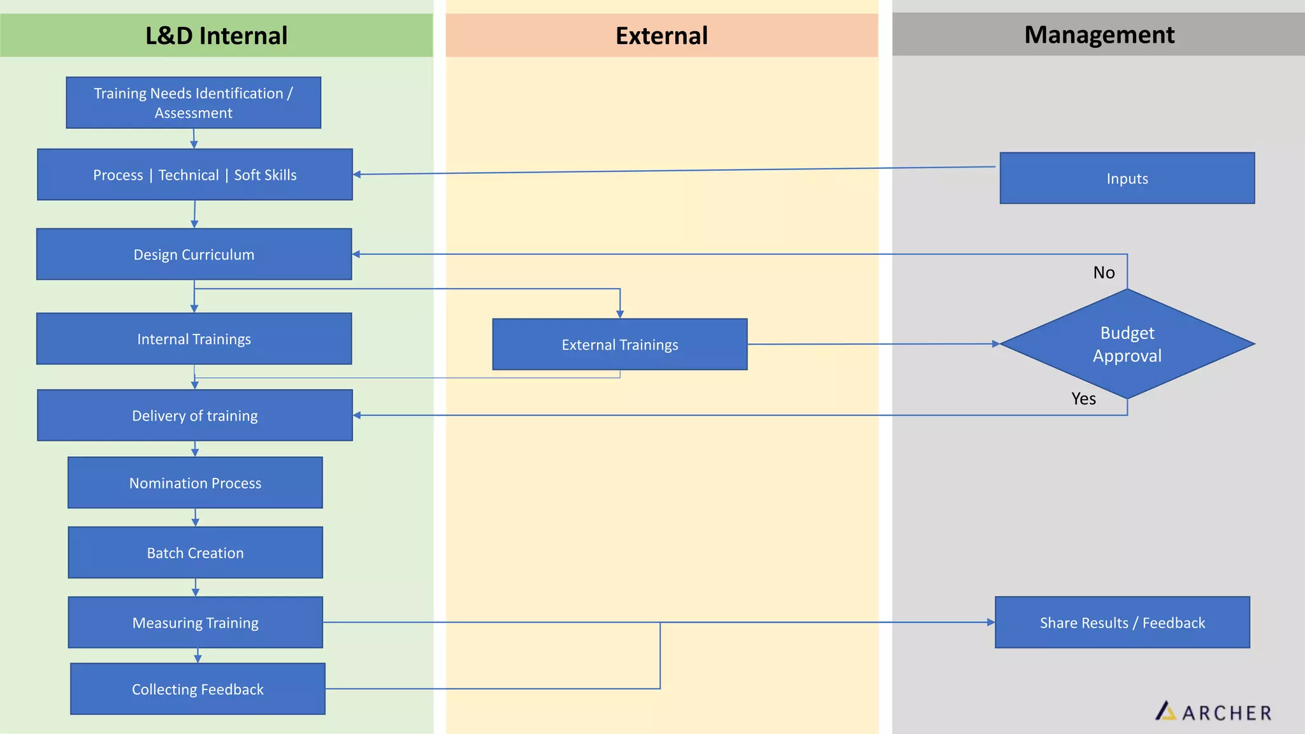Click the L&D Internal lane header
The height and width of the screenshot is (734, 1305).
pyautogui.click(x=216, y=36)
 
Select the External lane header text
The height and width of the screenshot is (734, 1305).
pyautogui.click(x=661, y=36)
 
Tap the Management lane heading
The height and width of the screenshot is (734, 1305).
pyautogui.click(x=1099, y=34)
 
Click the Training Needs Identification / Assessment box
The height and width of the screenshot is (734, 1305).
pyautogui.click(x=193, y=103)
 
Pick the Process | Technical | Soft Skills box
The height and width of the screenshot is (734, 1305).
pyautogui.click(x=194, y=175)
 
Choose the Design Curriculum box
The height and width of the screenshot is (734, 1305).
pyautogui.click(x=194, y=254)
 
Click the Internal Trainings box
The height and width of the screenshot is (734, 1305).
pyautogui.click(x=194, y=339)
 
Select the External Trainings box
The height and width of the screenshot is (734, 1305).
pyautogui.click(x=619, y=345)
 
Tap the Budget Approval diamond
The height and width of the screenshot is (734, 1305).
pyautogui.click(x=1127, y=344)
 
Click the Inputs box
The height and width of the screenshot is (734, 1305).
pyautogui.click(x=1127, y=178)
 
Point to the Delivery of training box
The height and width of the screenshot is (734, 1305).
pyautogui.click(x=194, y=415)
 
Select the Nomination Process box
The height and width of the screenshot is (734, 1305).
pyautogui.click(x=195, y=483)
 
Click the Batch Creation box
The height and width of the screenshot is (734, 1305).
pyautogui.click(x=195, y=553)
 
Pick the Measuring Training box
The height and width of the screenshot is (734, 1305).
pyautogui.click(x=195, y=622)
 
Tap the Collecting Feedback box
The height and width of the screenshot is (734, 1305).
pyautogui.click(x=198, y=689)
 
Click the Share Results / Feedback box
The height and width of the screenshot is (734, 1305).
pyautogui.click(x=1122, y=622)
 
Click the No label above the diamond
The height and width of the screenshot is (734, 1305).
pyautogui.click(x=1104, y=273)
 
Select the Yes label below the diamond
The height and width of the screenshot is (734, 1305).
pyautogui.click(x=1083, y=399)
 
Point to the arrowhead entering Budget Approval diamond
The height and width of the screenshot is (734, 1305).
pyautogui.click(x=996, y=344)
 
